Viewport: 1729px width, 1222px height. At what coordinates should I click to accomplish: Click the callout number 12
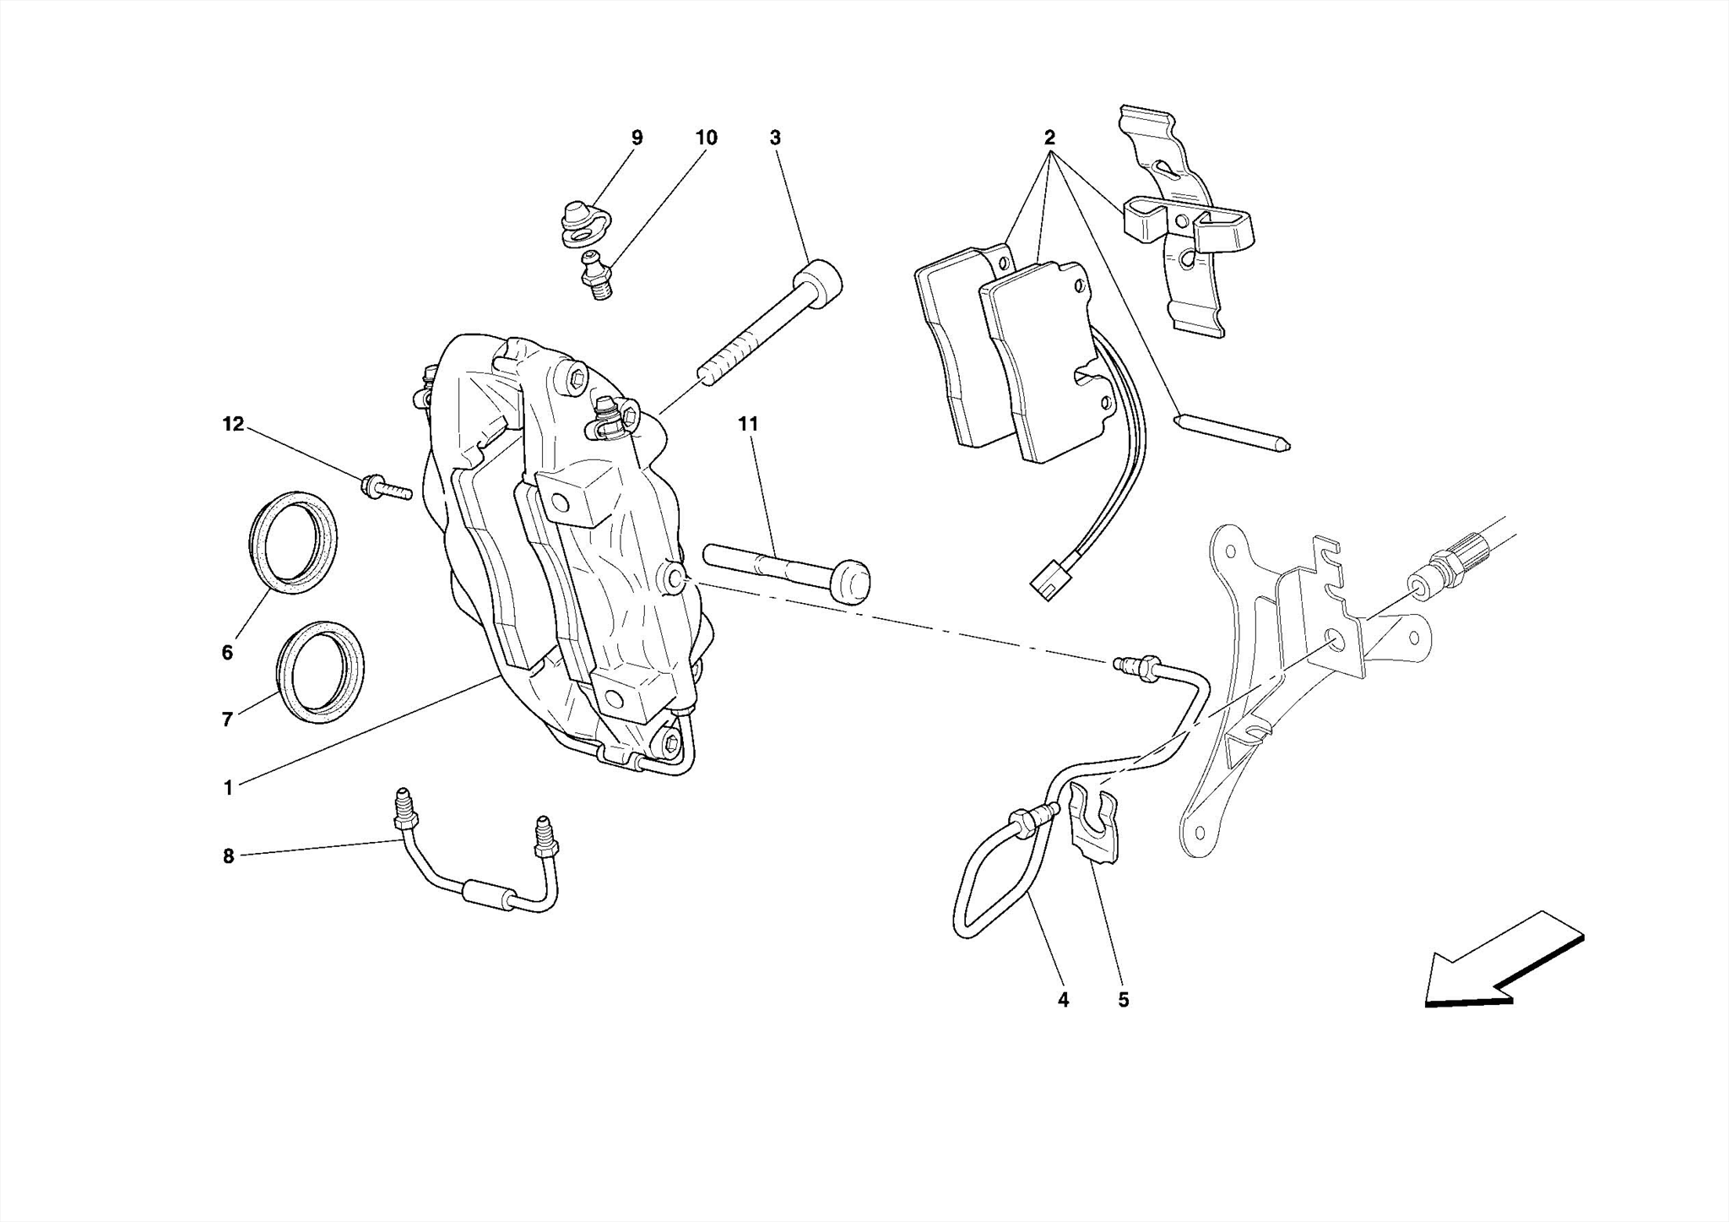(x=233, y=425)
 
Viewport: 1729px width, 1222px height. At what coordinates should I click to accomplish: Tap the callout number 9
(x=637, y=138)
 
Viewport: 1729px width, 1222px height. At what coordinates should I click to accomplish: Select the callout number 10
(x=706, y=138)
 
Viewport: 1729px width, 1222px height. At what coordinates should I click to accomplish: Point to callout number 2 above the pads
(x=1049, y=138)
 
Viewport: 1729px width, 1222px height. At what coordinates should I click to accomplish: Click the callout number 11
(x=748, y=425)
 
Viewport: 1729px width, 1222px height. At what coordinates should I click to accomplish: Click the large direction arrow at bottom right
(x=1503, y=963)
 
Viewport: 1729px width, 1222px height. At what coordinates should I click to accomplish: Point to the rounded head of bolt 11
(x=849, y=582)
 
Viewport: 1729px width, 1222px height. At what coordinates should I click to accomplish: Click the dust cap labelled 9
(x=579, y=223)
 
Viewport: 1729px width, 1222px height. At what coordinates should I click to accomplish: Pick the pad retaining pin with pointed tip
(x=1233, y=432)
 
